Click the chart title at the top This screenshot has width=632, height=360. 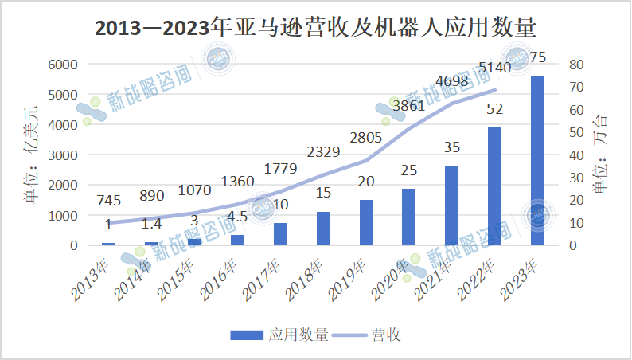[316, 28]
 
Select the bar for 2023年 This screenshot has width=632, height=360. [537, 160]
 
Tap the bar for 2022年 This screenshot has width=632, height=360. [494, 186]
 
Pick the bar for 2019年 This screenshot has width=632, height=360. [366, 222]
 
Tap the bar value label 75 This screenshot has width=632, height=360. [538, 57]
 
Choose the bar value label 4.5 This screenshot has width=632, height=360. [238, 217]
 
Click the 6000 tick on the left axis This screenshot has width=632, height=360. [60, 65]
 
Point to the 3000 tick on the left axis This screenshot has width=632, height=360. [60, 155]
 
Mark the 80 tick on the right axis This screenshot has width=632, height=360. [577, 65]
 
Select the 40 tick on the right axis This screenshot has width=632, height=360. [577, 155]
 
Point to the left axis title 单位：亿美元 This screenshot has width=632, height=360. [30, 154]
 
